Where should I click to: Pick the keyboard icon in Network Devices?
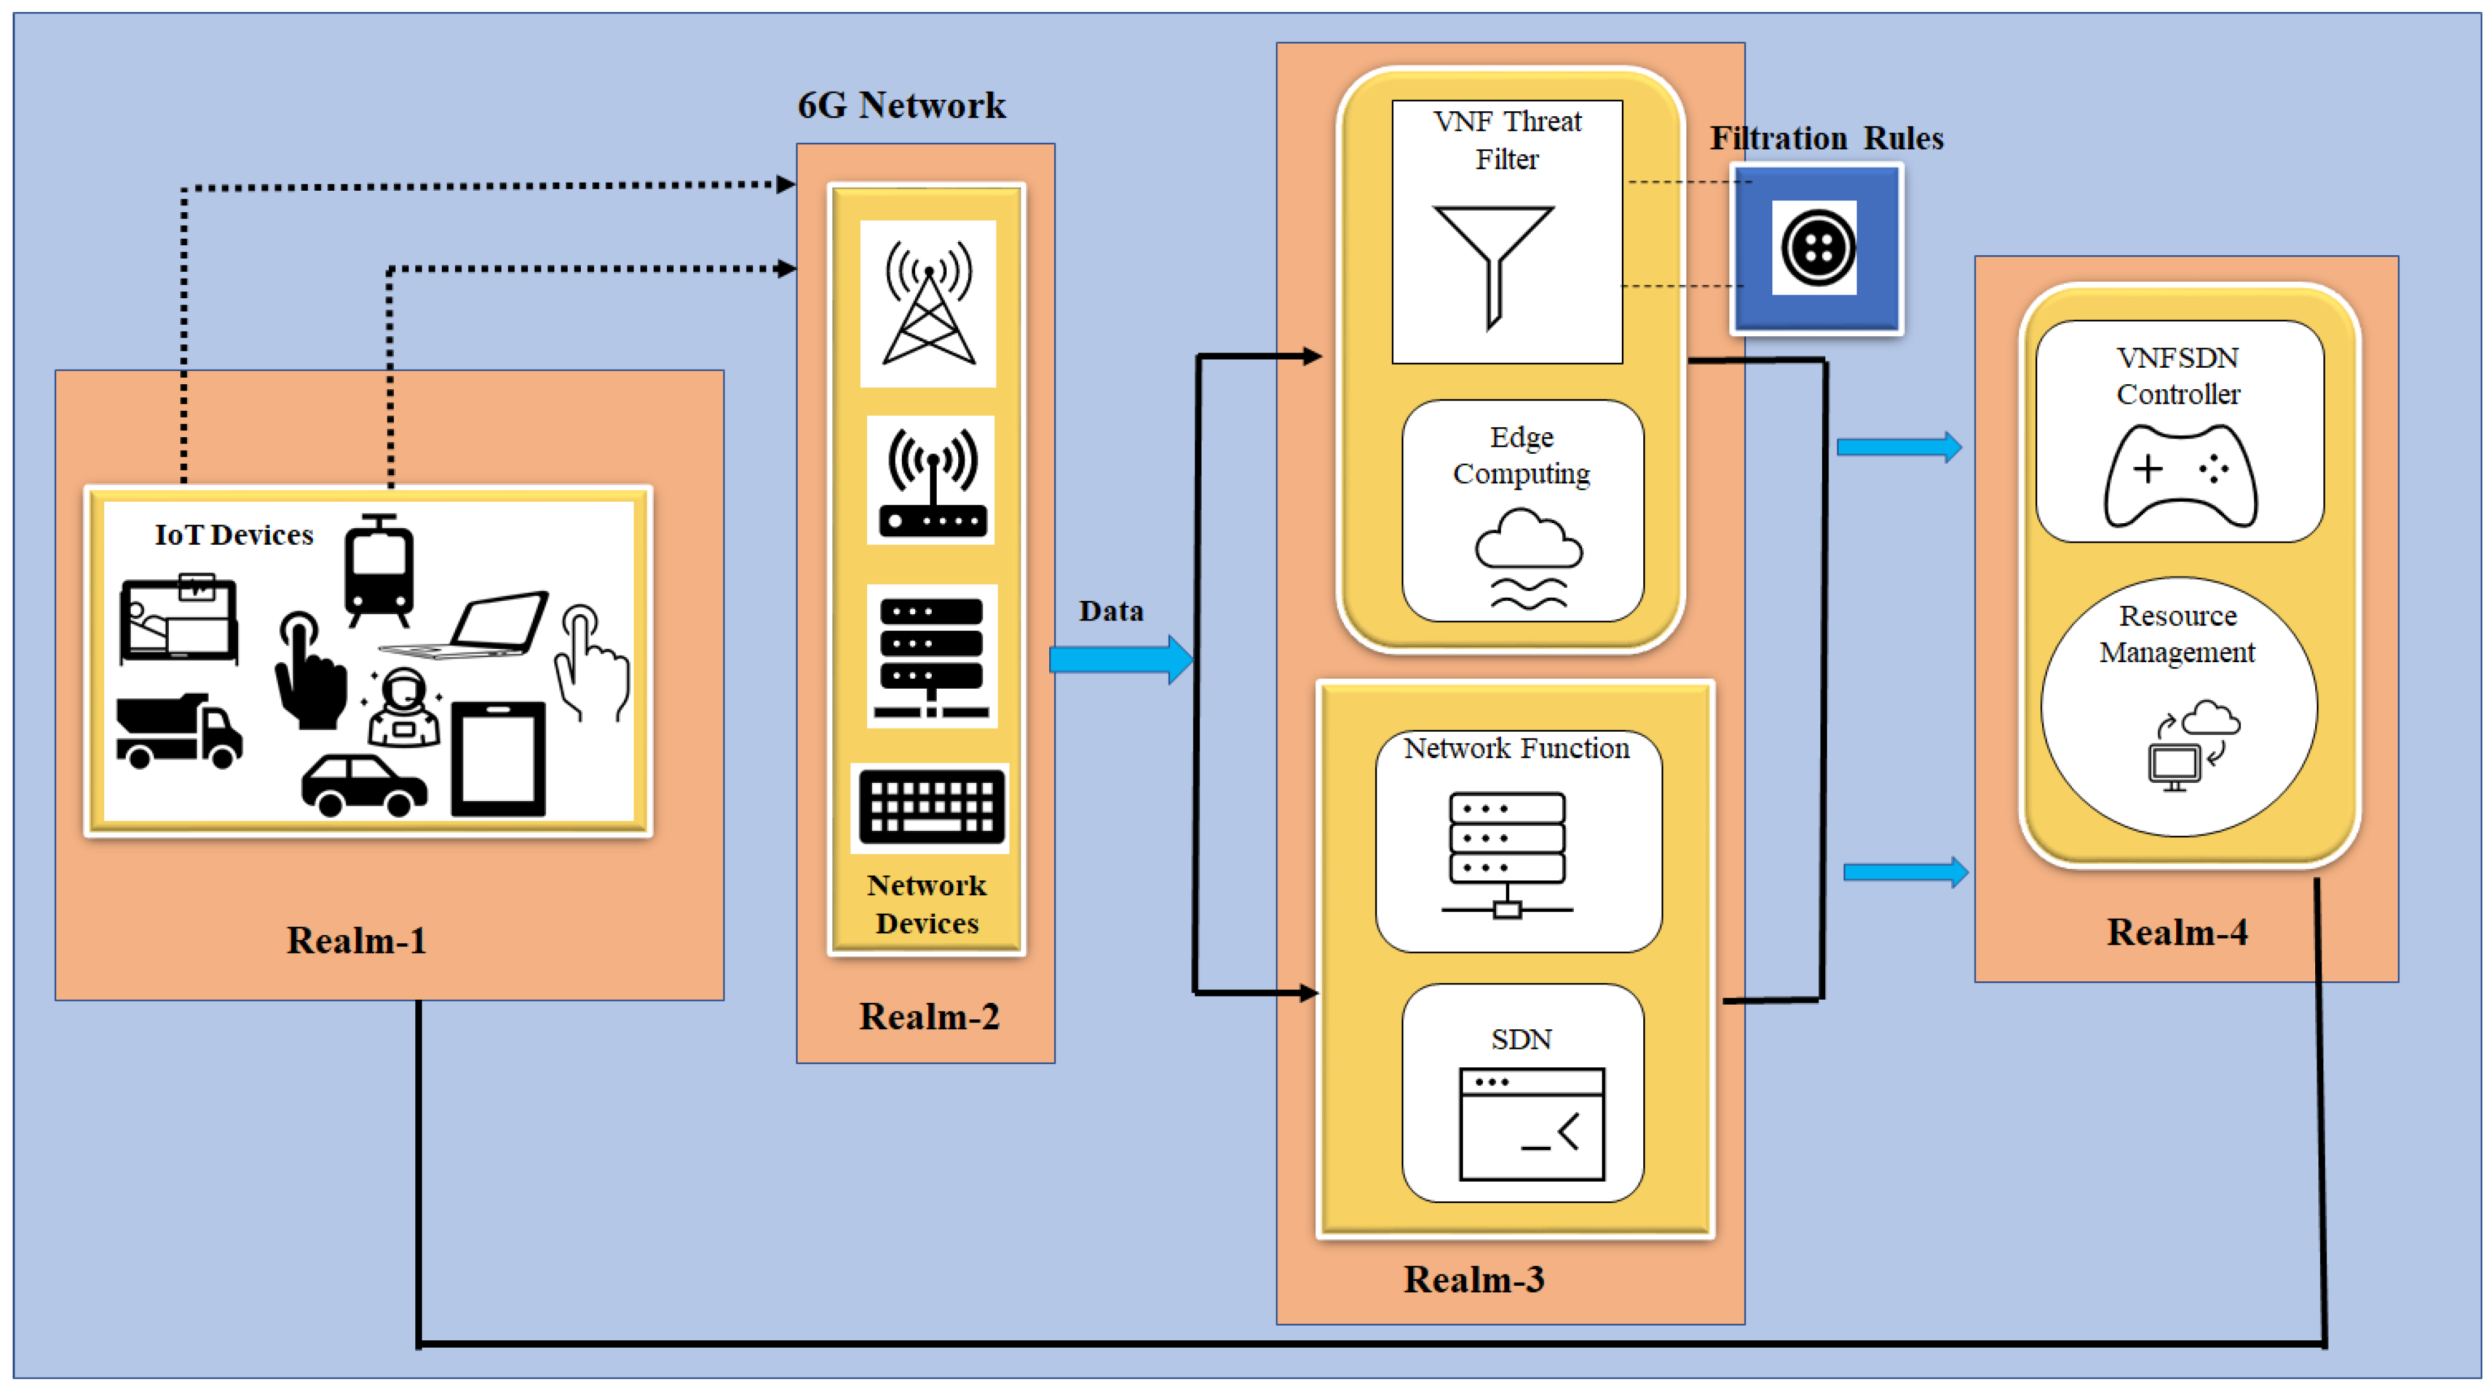click(x=930, y=808)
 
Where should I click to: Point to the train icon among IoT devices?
click(x=379, y=570)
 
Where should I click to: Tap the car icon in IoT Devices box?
click(x=363, y=784)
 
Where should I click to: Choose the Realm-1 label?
click(x=356, y=940)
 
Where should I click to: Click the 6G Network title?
click(x=901, y=104)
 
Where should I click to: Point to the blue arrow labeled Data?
click(x=1121, y=660)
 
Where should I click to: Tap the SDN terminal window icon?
click(x=1531, y=1123)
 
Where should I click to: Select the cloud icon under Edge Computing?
click(x=1528, y=560)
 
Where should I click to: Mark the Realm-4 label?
click(x=2177, y=932)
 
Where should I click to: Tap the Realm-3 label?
click(x=1473, y=1279)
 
